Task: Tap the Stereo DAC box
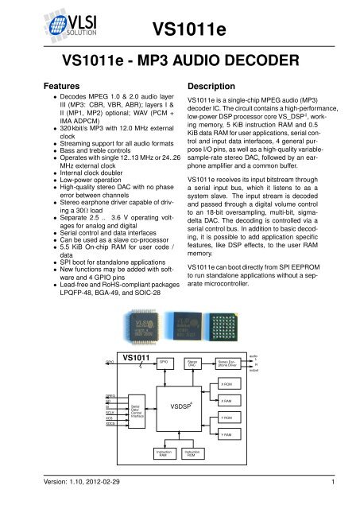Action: coord(192,363)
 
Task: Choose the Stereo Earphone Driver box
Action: coord(229,363)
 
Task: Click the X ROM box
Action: coord(227,384)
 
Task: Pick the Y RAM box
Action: coord(227,436)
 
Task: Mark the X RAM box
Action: coord(227,402)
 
